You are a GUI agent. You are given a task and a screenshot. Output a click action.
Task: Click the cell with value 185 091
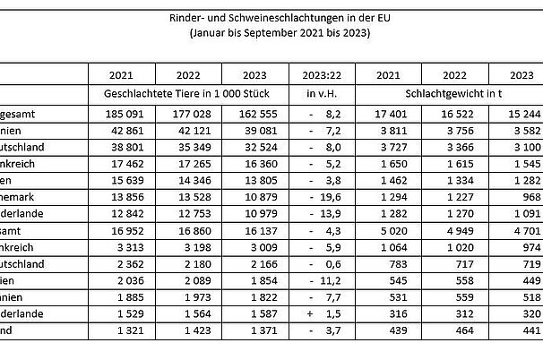click(121, 114)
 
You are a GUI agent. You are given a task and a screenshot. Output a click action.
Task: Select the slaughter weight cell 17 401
click(389, 114)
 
